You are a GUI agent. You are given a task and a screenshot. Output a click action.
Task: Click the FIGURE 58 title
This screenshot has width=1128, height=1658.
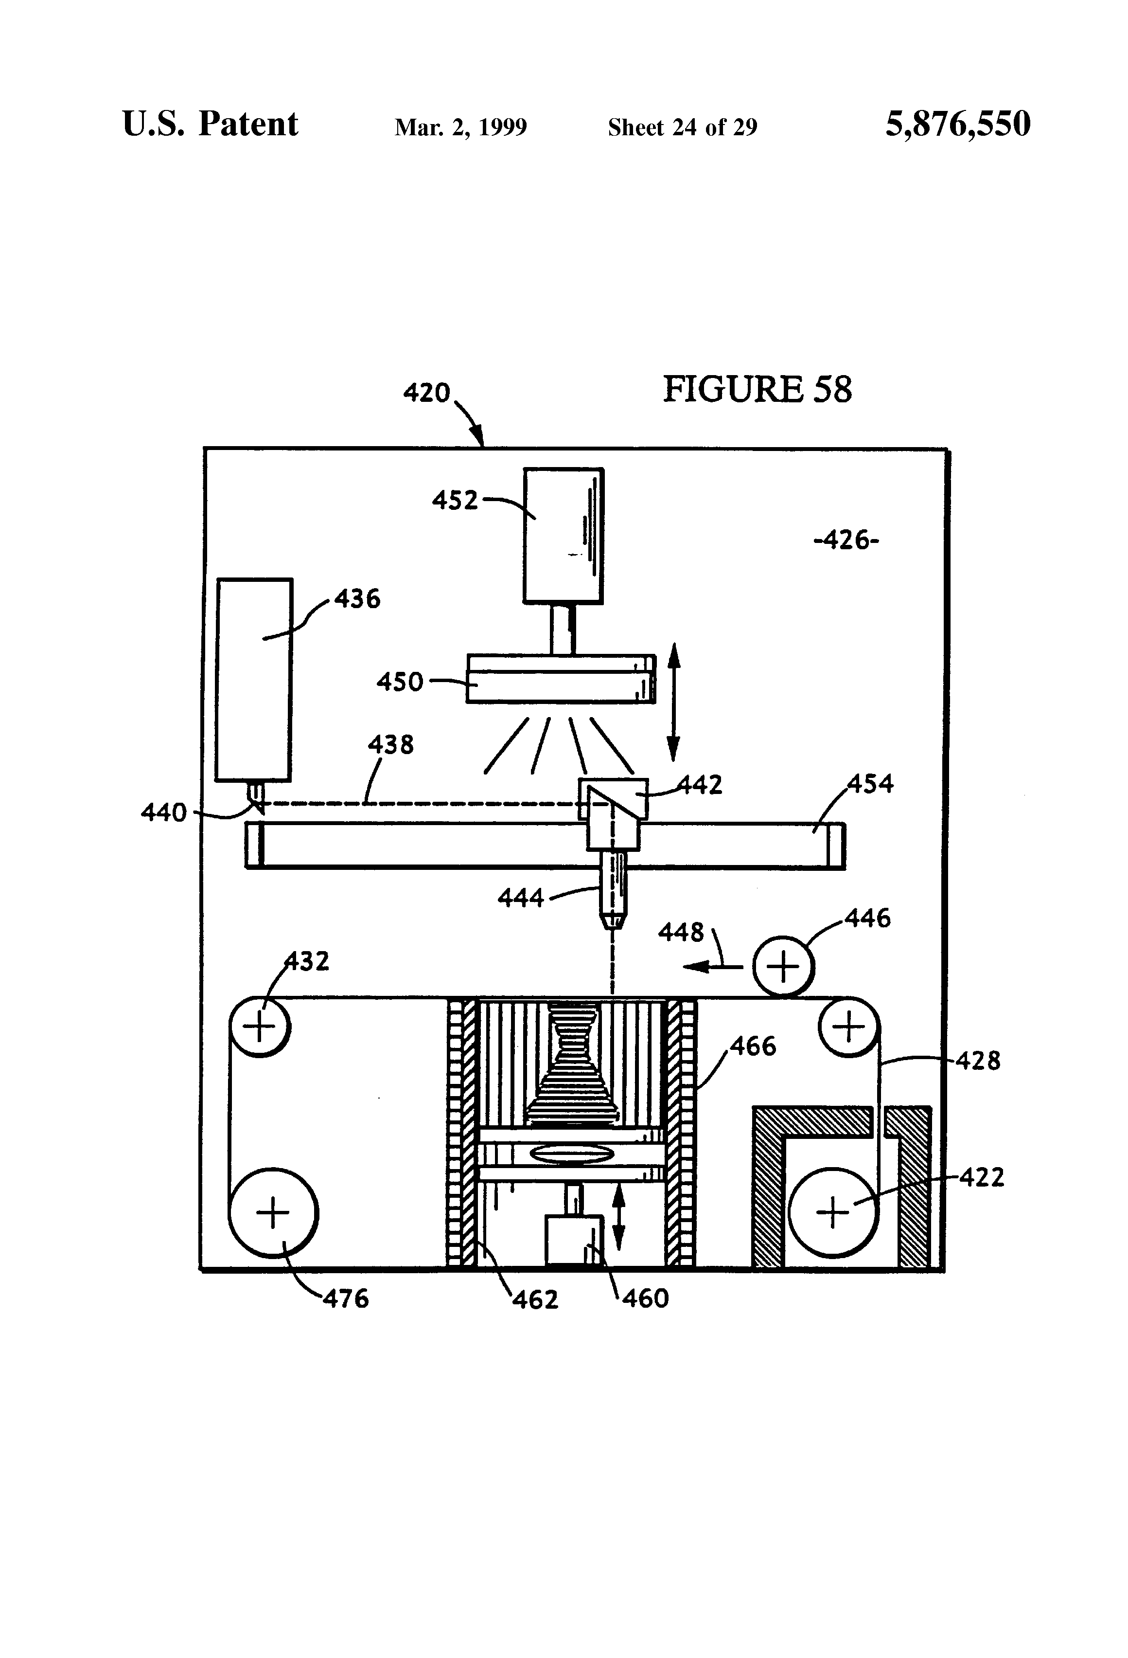point(757,390)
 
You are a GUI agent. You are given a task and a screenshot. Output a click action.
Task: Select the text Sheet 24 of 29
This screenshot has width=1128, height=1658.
point(682,127)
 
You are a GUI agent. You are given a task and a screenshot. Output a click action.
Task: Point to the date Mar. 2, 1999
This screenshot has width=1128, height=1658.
point(460,127)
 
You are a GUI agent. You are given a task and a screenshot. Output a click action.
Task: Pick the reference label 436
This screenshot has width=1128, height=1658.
point(357,598)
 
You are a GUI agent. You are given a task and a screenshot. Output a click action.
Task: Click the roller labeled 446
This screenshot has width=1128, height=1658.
point(784,967)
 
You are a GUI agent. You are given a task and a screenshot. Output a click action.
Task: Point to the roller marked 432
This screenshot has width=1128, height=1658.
point(260,1027)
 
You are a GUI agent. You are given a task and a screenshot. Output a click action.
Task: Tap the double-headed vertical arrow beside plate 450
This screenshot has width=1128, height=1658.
point(673,702)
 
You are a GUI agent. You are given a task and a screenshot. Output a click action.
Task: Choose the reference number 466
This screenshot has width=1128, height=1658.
point(753,1046)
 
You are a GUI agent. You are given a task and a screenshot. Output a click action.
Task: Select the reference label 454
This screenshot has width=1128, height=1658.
point(871,784)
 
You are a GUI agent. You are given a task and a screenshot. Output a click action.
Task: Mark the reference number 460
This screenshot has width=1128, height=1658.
point(645,1298)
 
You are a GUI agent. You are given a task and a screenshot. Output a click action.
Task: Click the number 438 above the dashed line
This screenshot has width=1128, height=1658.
point(391,745)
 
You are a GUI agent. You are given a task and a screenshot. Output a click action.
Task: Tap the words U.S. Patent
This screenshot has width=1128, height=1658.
point(211,124)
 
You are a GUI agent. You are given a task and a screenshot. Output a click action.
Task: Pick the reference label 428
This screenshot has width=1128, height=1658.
point(978,1061)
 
